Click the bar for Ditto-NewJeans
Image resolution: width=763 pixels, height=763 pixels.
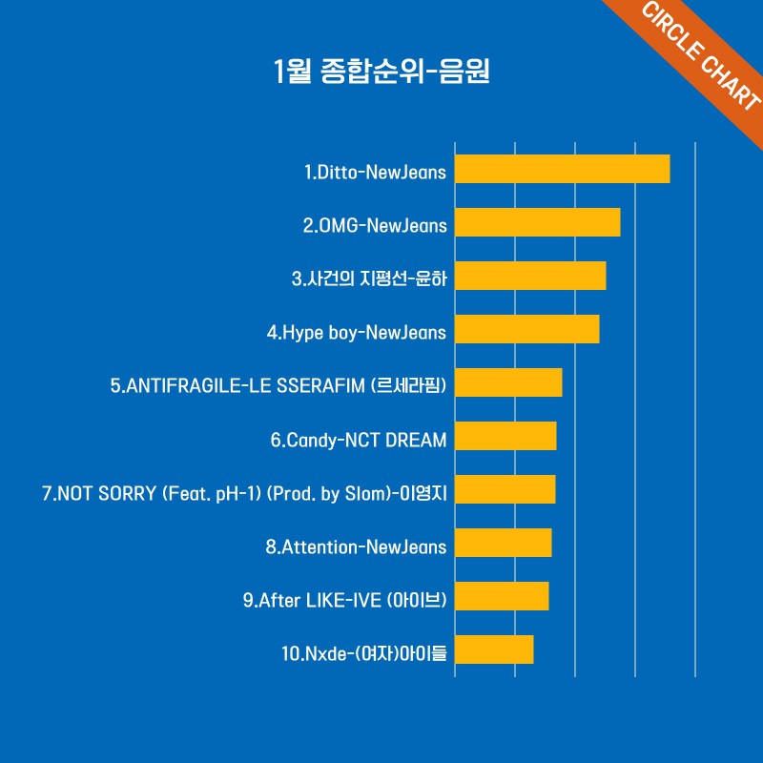(562, 169)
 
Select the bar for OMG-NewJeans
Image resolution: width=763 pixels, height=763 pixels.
(537, 222)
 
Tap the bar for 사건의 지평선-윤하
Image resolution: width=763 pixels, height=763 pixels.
(530, 276)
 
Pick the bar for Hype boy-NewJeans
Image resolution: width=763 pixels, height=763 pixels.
(526, 329)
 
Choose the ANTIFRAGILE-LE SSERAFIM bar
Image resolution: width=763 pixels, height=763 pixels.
(508, 382)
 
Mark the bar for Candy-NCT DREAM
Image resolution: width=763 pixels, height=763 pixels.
(505, 436)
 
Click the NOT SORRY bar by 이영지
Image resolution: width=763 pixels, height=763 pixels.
(505, 489)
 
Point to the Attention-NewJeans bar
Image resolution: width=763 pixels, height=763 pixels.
(503, 543)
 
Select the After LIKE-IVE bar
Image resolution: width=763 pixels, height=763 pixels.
(502, 596)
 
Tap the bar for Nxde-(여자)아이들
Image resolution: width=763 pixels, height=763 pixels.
(494, 650)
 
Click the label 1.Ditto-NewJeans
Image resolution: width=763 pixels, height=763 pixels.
(375, 173)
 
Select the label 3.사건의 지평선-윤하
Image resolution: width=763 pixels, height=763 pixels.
(369, 279)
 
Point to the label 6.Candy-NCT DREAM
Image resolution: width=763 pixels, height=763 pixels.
(359, 440)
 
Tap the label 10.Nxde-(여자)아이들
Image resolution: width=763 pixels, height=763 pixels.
(364, 654)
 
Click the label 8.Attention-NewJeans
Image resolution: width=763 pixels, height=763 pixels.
(356, 546)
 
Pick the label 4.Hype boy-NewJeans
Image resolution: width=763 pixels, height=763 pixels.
(357, 333)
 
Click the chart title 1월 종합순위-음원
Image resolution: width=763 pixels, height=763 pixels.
(381, 72)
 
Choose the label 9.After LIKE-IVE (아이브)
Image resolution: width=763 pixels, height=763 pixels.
(345, 600)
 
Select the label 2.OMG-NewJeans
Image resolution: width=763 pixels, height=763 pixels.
(375, 226)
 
